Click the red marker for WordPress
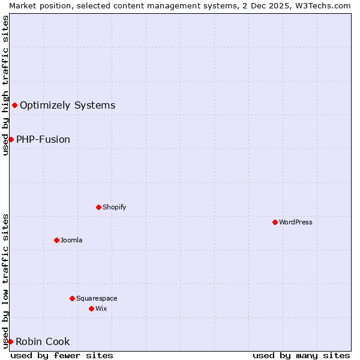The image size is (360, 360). coord(275,222)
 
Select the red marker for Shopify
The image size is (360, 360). coord(98,207)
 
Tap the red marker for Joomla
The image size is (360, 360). coord(56,240)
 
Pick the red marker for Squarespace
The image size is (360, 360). coord(72,298)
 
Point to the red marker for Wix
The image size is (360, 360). coord(91,308)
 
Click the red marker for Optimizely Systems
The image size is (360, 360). coord(14,106)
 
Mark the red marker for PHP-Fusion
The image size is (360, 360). coord(11,139)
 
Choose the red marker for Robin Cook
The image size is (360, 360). coord(10,341)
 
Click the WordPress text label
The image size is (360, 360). coord(296,222)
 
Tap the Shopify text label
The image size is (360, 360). coord(115,207)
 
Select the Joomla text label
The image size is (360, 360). coord(71,240)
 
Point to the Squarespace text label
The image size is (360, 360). coord(97,298)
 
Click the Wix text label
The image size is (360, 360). coord(101,308)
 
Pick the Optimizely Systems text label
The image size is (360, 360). coord(67,106)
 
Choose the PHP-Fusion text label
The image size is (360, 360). coord(43,139)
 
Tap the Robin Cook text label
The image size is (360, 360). coord(43,341)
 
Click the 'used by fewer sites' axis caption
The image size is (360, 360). coord(62,355)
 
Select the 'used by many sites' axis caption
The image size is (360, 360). coord(301,355)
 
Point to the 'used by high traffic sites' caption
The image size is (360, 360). coord(5,85)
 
